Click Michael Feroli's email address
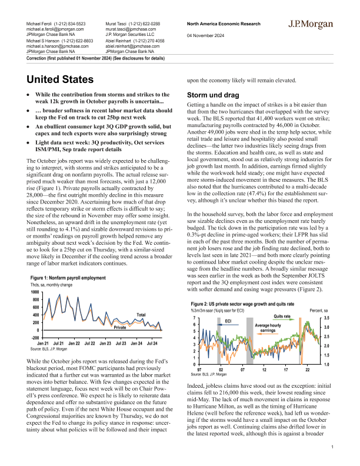tap(55, 28)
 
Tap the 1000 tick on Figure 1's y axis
tap(35, 292)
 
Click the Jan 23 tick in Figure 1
tap(105, 342)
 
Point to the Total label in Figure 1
tap(141, 315)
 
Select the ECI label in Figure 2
tap(228, 321)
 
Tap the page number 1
tap(332, 448)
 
